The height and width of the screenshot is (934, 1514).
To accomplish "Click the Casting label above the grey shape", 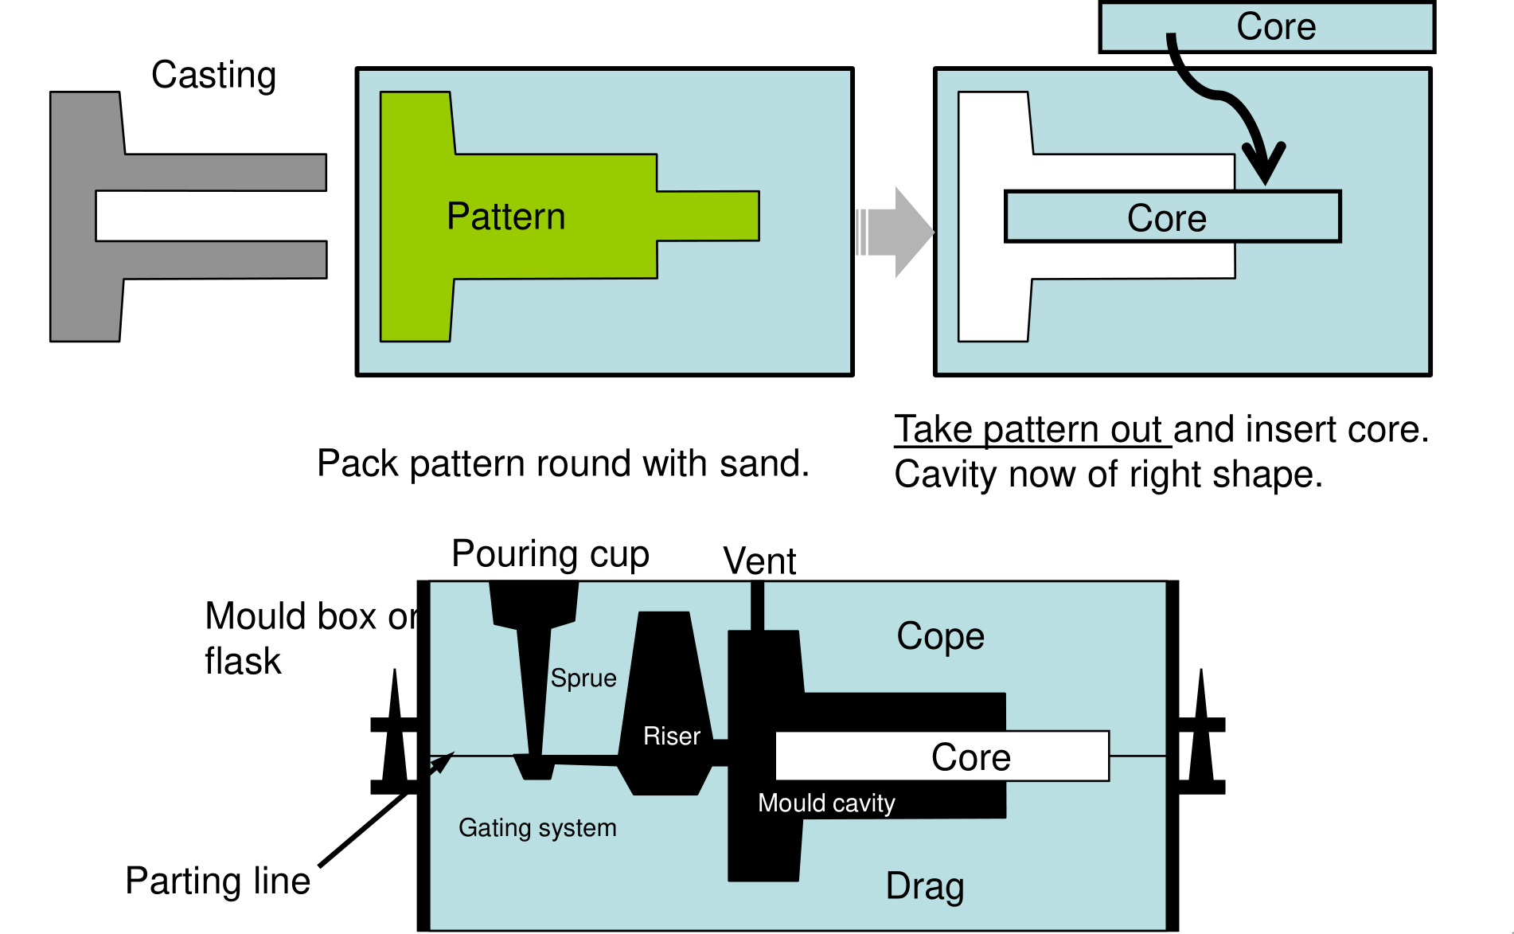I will point(213,75).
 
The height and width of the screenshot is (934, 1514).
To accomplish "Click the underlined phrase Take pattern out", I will point(1032,430).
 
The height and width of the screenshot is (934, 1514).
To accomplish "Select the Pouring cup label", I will point(550,553).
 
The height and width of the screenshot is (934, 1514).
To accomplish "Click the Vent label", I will point(759,561).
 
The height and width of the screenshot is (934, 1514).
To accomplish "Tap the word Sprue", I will point(583,678).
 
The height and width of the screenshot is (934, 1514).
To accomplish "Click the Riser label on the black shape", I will point(672,736).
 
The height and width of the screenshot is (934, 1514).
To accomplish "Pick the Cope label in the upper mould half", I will point(940,636).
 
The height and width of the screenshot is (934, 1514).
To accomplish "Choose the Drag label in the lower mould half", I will point(925,885).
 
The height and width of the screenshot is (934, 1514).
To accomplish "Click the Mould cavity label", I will point(826,803).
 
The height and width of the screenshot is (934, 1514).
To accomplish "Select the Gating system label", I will point(537,827).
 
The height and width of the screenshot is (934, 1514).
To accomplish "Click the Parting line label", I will point(217,881).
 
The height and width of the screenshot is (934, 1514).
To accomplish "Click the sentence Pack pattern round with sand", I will point(563,463).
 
